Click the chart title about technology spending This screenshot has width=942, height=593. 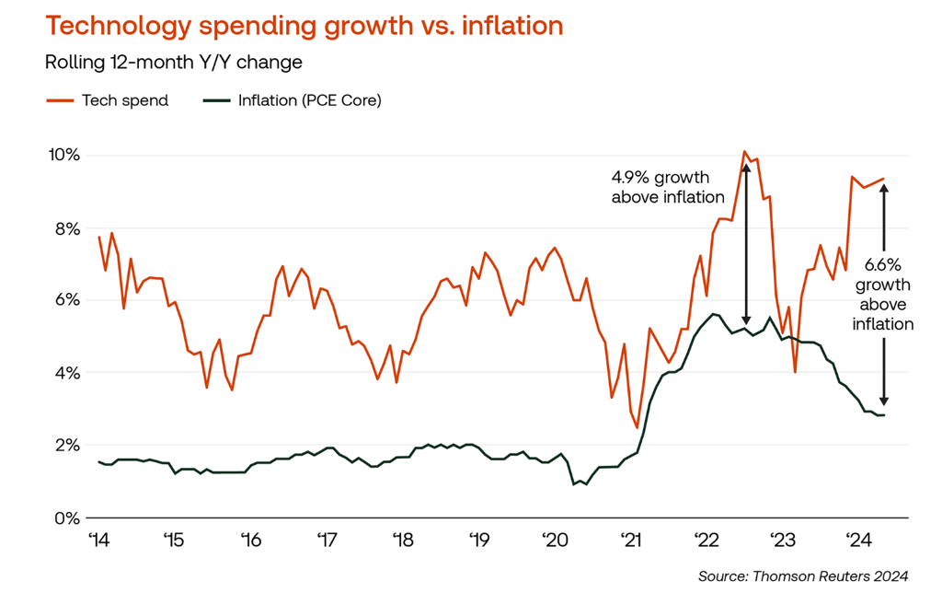(x=304, y=26)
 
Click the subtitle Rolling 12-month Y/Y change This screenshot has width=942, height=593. (x=174, y=64)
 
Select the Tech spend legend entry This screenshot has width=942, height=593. (x=108, y=100)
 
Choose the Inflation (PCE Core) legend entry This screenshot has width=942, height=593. (x=293, y=100)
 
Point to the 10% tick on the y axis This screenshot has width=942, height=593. (x=64, y=155)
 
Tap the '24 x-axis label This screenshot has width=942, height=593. (x=858, y=540)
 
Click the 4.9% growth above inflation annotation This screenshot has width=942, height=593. (x=668, y=186)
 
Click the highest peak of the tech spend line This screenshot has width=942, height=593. (x=744, y=152)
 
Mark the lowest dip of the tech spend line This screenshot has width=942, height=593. (x=637, y=427)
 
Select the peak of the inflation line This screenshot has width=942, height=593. (x=712, y=314)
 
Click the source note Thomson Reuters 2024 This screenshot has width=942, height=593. (x=803, y=576)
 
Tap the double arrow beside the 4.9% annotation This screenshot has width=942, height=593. (x=745, y=244)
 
